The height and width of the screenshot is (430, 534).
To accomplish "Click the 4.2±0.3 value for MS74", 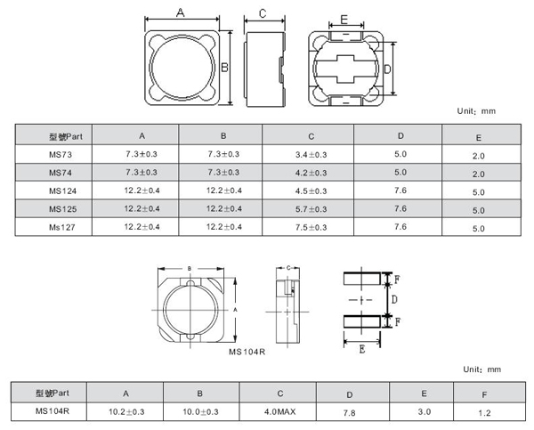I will point(311,172).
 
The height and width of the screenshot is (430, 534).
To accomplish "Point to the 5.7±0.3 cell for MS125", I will point(311,208).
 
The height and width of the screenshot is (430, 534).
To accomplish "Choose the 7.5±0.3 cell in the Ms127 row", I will point(311,227).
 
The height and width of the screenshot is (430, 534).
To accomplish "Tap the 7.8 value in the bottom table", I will point(350,412).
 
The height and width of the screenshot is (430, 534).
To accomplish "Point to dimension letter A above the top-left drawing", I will point(181,12).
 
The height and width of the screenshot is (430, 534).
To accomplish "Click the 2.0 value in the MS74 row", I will point(478,173).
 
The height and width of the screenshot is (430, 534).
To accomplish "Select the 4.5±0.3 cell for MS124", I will point(311,191).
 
